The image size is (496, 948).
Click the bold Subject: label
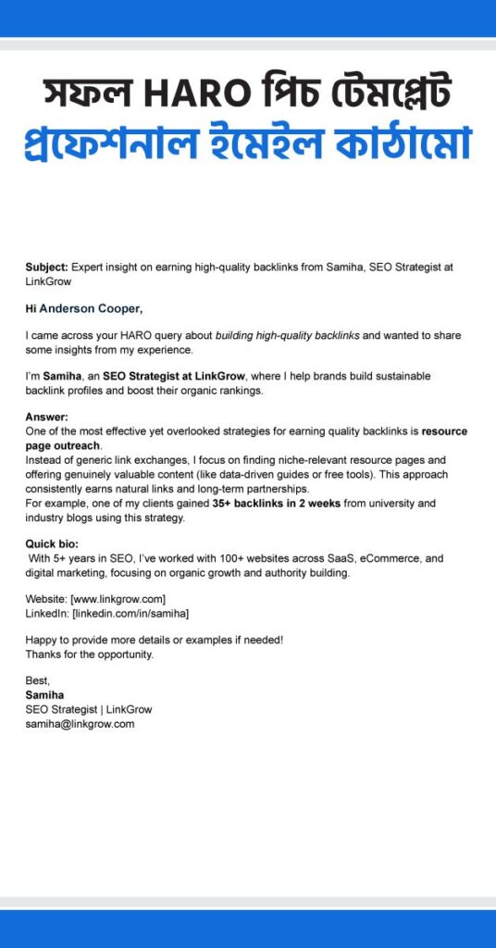click(x=46, y=266)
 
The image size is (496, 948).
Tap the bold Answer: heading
click(x=46, y=417)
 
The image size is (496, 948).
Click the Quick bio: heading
click(x=52, y=544)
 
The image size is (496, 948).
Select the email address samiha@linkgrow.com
click(x=81, y=724)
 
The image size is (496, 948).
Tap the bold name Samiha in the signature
click(x=44, y=695)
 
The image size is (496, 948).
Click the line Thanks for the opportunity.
click(x=89, y=655)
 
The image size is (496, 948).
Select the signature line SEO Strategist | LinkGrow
click(x=89, y=709)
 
